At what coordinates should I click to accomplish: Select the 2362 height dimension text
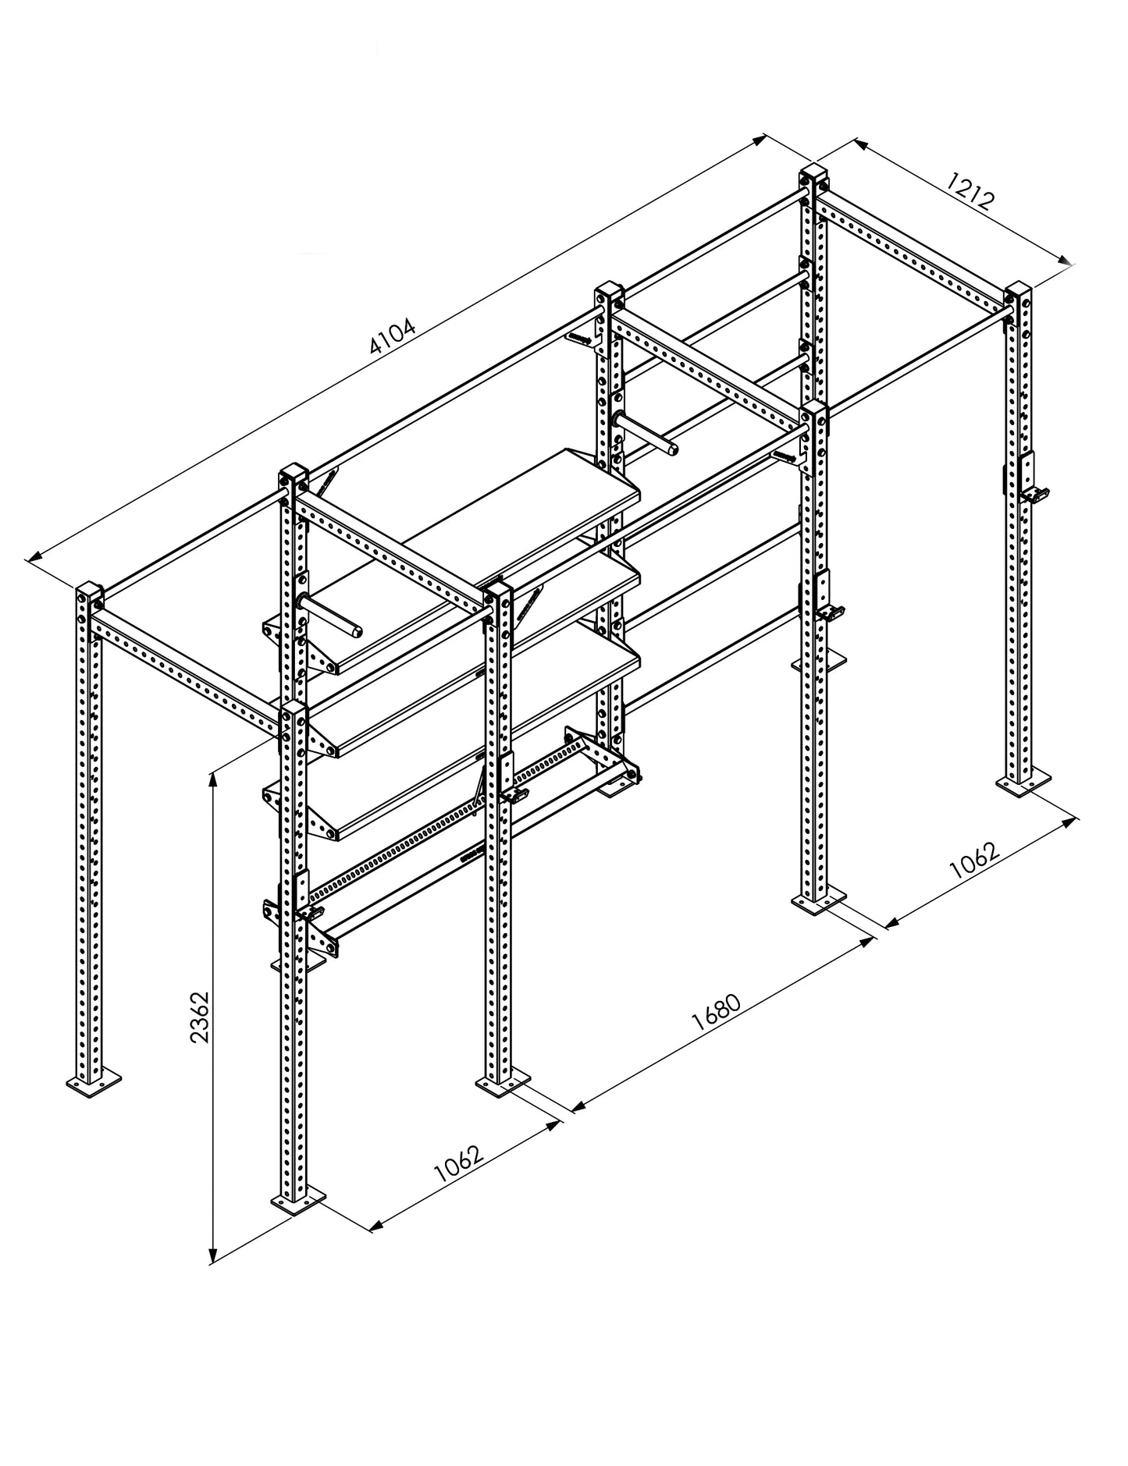pos(201,1017)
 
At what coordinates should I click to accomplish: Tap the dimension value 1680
pos(717,1013)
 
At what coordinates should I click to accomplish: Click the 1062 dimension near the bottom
pos(458,1163)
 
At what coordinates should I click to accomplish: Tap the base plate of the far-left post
pos(94,1083)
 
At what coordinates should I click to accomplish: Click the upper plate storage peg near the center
pos(648,433)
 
